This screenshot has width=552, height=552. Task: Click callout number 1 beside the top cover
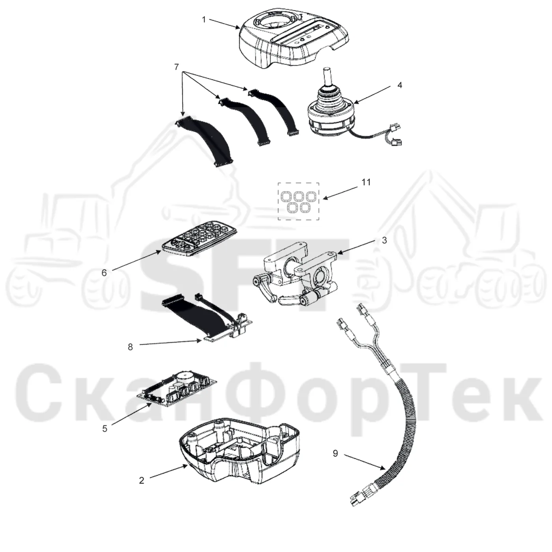pyautogui.click(x=204, y=19)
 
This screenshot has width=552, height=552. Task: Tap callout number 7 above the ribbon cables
pyautogui.click(x=177, y=67)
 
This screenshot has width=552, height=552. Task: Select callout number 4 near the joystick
pyautogui.click(x=399, y=85)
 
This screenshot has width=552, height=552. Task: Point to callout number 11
pyautogui.click(x=366, y=182)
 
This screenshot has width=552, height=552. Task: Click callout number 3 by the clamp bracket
pyautogui.click(x=384, y=240)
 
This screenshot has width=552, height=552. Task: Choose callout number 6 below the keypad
pyautogui.click(x=104, y=272)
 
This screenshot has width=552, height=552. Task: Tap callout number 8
pyautogui.click(x=131, y=347)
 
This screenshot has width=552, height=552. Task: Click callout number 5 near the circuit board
pyautogui.click(x=105, y=429)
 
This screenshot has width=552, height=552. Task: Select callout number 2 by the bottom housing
pyautogui.click(x=142, y=480)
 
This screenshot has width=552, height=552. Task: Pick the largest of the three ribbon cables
pyautogui.click(x=204, y=142)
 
